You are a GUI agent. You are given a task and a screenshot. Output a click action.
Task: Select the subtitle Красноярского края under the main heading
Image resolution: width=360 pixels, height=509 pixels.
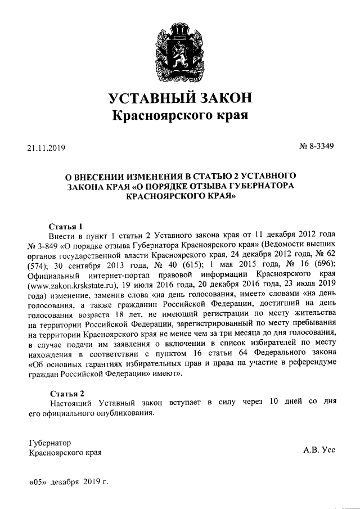(x=180, y=116)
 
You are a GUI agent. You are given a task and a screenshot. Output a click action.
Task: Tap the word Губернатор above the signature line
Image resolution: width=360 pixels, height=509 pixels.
(x=50, y=442)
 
